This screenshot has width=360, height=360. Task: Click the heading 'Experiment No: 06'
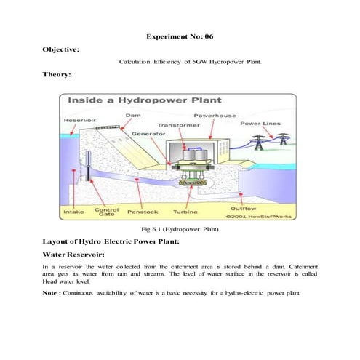pos(180,35)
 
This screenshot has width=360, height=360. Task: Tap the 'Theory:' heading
pos(60,74)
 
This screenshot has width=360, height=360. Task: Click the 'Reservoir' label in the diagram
pos(76,120)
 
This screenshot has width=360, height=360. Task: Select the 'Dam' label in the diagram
pos(133,115)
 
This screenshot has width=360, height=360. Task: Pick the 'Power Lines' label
pos(261,123)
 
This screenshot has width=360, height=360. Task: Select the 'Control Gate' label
pos(106,212)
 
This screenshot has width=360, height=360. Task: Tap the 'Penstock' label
pos(142,213)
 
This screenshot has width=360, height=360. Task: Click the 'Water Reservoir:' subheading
pos(76,255)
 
